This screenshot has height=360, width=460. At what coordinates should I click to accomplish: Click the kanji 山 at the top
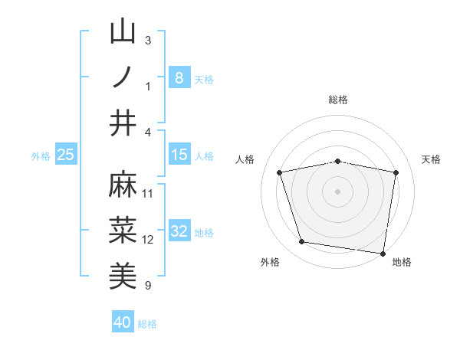point(123,32)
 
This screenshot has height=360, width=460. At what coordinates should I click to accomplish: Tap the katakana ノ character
point(123,77)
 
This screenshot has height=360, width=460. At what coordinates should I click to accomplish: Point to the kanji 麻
point(123,185)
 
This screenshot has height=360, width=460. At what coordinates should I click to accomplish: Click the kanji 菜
point(123,230)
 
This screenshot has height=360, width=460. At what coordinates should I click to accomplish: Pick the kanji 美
point(123,275)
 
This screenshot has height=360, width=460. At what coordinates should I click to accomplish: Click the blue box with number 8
point(179,78)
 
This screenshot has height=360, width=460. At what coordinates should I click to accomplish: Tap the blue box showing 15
point(179,155)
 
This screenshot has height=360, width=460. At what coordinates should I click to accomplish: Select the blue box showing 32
point(179,232)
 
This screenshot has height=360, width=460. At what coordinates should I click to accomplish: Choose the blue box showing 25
point(65,155)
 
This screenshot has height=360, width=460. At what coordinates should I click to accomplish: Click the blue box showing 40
point(123,322)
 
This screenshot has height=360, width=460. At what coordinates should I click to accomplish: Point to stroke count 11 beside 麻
point(148,193)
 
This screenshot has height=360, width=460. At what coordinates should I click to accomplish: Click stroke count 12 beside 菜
point(148,239)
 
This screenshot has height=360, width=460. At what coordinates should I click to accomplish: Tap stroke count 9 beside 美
point(148,285)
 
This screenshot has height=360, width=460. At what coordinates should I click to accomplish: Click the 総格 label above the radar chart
point(337,100)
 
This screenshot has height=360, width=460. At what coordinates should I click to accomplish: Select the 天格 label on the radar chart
point(431,159)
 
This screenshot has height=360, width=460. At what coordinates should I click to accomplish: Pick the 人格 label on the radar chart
point(245,159)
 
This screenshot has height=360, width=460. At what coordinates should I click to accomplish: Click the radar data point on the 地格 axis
point(383,252)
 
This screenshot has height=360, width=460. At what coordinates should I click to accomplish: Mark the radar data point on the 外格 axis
point(302,242)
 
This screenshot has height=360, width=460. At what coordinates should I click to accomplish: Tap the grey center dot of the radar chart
point(337,191)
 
